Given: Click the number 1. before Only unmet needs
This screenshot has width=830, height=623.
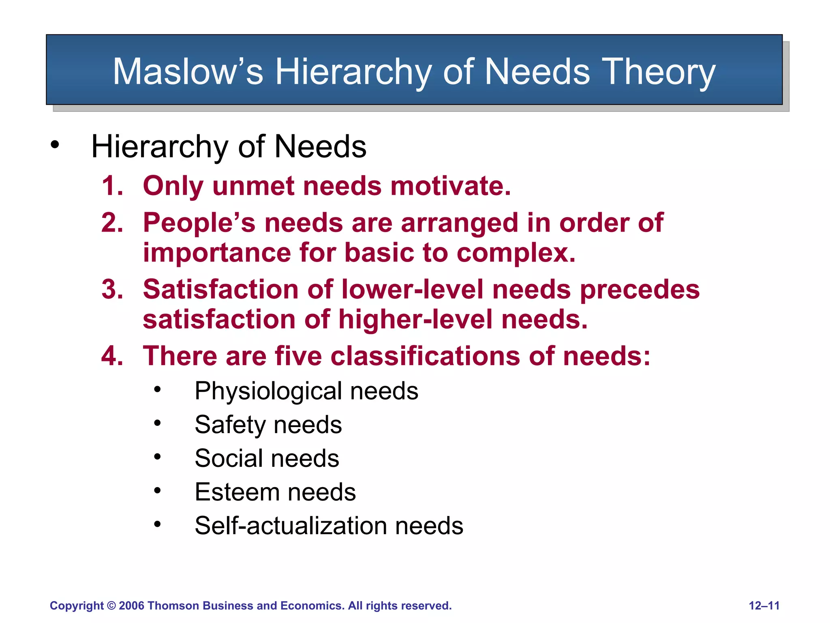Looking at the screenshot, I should coord(112,186).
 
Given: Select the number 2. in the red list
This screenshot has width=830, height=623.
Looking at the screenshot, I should coord(112,223).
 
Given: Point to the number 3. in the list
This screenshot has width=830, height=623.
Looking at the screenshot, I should coord(112,290).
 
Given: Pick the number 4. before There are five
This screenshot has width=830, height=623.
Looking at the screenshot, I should coord(112,356).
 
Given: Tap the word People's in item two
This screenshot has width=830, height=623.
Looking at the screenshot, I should coord(199,223).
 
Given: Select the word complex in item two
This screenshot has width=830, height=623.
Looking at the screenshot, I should coord(516,253).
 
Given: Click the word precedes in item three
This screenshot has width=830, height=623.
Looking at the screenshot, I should coord(640,290).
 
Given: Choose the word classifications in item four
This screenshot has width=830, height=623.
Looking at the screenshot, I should coord(425,356).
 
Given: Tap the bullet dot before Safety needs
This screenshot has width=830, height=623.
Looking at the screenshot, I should coord(157,423).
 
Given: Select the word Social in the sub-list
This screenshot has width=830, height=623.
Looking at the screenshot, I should coord(229,458).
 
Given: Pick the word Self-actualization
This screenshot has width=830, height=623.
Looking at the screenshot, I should coord(290,526).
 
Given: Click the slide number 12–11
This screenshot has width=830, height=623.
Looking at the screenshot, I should coord(764,606).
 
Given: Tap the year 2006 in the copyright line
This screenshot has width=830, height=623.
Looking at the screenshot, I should coord(132,606).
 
